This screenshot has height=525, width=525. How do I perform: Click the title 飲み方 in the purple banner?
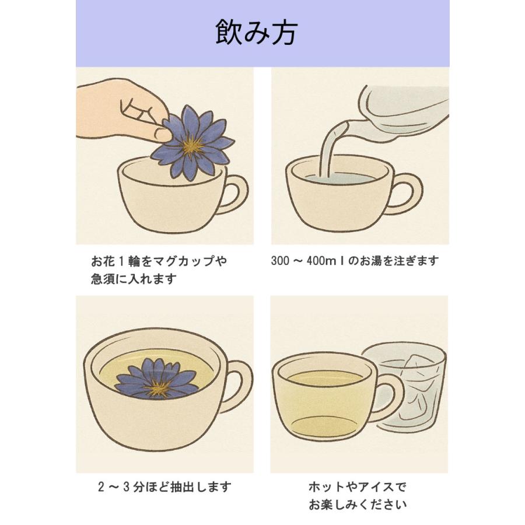256,32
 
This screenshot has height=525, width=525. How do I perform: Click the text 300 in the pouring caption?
280,261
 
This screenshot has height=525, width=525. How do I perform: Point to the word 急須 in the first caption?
103,279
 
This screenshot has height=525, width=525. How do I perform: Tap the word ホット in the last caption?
327,487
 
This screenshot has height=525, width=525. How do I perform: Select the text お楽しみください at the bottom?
358,504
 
